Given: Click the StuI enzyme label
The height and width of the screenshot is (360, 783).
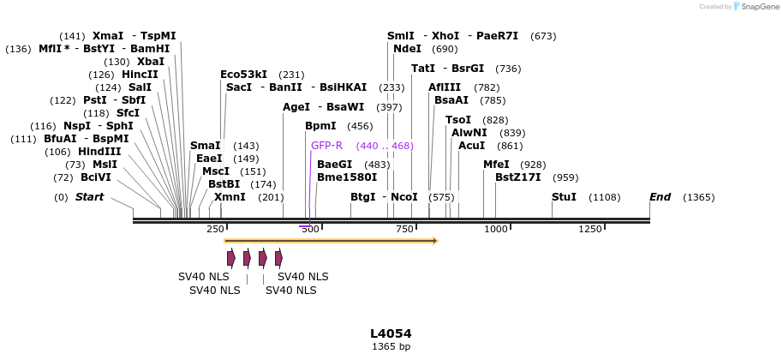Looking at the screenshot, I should [x=564, y=197].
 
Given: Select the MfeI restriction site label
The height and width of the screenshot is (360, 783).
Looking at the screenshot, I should [x=496, y=165].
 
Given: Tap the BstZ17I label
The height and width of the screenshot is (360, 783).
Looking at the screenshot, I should [x=517, y=177].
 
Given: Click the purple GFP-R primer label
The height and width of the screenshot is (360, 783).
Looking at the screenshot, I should [x=326, y=146].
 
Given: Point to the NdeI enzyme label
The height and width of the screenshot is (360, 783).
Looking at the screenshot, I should [x=407, y=49].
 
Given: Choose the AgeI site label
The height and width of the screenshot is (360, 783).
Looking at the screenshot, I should [x=296, y=107].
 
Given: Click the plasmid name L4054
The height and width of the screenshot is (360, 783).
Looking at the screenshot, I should [x=391, y=333].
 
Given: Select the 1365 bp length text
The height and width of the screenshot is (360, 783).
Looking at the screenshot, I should [x=391, y=347].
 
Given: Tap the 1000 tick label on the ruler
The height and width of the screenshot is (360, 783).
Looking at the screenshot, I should [x=496, y=229].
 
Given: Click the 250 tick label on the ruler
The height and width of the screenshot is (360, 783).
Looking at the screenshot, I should [x=215, y=229].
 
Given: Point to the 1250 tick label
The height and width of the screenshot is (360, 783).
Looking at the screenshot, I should [x=590, y=229].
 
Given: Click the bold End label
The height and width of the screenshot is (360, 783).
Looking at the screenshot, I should [x=660, y=197].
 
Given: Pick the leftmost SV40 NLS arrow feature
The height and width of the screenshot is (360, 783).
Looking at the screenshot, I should [x=230, y=258].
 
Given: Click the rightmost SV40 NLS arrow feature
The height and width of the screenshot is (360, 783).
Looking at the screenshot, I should [x=278, y=258].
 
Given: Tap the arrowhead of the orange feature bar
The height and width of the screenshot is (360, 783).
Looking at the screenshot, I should [x=434, y=241].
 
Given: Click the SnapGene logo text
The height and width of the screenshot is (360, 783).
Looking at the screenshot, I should [x=756, y=7].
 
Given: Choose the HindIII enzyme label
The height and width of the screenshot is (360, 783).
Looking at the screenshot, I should [x=100, y=152].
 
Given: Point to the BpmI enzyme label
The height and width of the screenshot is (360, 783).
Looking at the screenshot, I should [x=320, y=126].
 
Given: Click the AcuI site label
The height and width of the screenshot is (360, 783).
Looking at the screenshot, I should [x=471, y=146].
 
